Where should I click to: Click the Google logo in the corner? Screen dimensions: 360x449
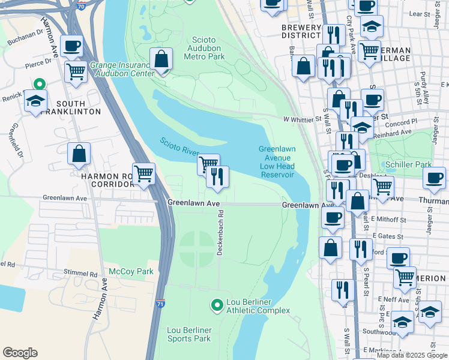(x=20, y=353)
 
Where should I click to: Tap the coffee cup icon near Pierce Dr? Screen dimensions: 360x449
(x=71, y=46)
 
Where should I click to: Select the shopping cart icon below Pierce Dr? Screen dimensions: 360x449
(x=76, y=71)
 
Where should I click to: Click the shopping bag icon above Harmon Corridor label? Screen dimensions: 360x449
(x=79, y=154)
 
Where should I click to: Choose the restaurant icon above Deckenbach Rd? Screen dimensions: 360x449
(x=217, y=176)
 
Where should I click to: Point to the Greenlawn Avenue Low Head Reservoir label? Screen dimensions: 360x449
(x=277, y=162)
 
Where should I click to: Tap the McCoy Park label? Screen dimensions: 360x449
(x=131, y=271)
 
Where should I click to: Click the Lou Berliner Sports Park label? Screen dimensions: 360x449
(x=189, y=334)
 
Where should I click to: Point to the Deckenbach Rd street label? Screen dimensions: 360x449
(x=220, y=233)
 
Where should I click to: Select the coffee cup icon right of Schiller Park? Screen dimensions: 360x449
(x=434, y=177)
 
